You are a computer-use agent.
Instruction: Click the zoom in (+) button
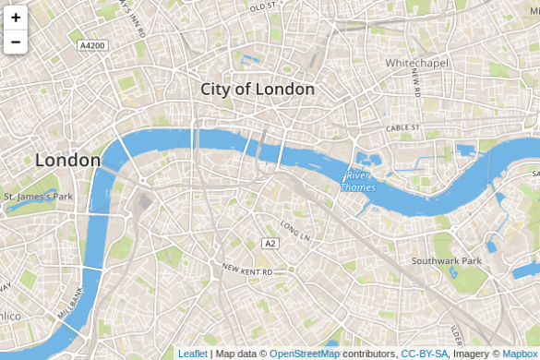[x=16, y=18]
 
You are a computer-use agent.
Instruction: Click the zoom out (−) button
[x=16, y=42]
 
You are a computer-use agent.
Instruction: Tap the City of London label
[x=258, y=90]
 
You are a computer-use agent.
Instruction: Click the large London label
[x=67, y=160]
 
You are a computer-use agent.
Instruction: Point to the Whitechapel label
[x=415, y=63]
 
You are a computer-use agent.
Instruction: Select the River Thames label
[x=357, y=182]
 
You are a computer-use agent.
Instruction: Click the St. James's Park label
[x=38, y=197]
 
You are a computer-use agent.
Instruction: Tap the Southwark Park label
[x=447, y=261]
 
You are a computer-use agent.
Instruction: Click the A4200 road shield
[x=92, y=45]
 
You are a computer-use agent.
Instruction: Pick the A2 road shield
[x=270, y=244]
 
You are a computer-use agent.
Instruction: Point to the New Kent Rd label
[x=247, y=271]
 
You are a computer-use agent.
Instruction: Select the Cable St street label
[x=403, y=127]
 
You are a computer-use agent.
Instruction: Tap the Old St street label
[x=263, y=7]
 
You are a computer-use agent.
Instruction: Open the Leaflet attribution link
[x=193, y=354]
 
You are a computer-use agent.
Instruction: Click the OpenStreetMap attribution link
[x=305, y=354]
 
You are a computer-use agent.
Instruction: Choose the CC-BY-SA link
[x=425, y=354]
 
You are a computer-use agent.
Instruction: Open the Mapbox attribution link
[x=519, y=354]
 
